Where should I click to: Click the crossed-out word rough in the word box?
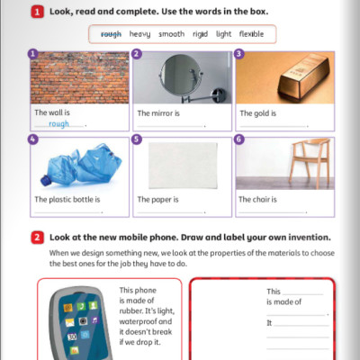pos(112,34)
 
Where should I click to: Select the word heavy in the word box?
pos(139,34)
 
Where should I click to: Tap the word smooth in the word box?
pos(171,34)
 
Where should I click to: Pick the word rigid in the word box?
pos(200,34)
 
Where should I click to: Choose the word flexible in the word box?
pos(251,34)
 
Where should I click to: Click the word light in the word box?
pos(223,34)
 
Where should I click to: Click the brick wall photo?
pos(78,77)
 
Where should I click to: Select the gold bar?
pos(283,82)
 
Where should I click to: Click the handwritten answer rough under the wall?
pos(59,125)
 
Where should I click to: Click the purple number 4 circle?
pos(33,140)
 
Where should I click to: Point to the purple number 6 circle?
pos(238,140)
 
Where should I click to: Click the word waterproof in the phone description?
pos(140,328)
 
